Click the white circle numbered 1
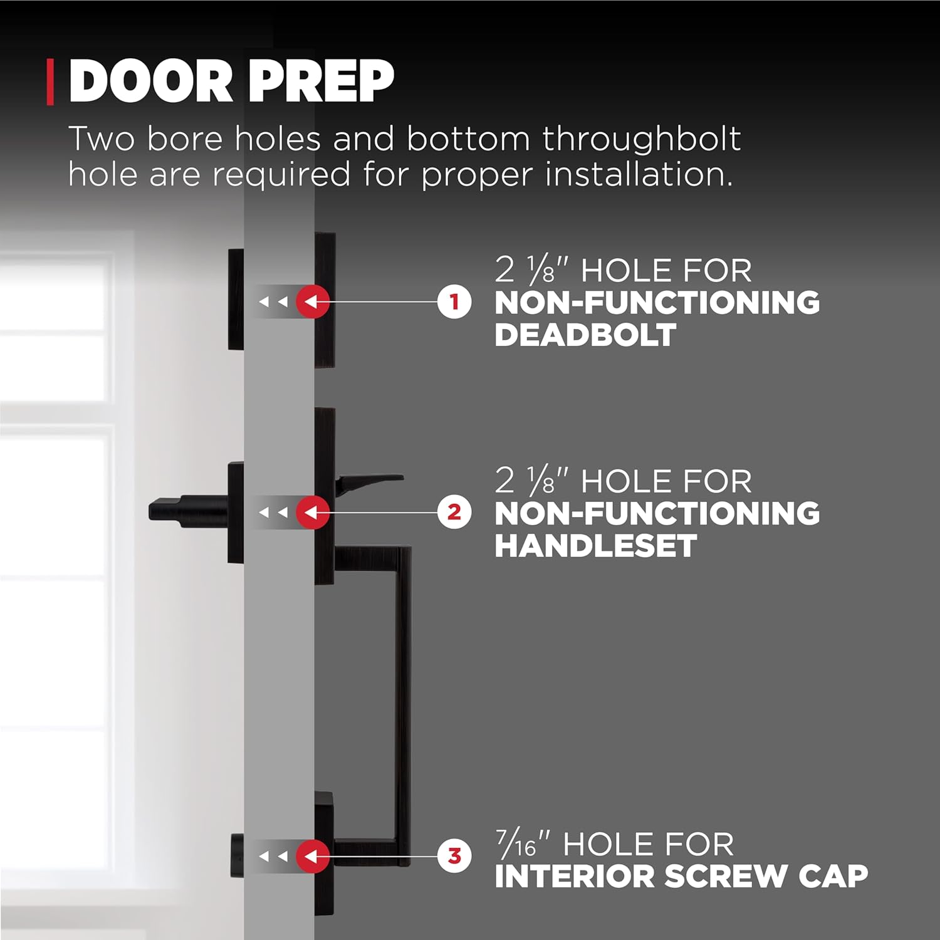tap(454, 301)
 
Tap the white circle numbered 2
tap(454, 512)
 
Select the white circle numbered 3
tap(454, 855)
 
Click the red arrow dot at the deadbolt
tap(313, 301)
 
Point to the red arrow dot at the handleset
tap(313, 512)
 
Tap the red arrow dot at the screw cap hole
tap(313, 855)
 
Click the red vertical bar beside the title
tap(50, 81)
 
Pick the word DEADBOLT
tap(585, 335)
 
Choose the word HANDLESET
tap(595, 546)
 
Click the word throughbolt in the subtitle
tap(641, 138)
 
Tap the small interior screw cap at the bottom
tap(237, 855)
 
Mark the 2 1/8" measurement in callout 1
tap(533, 271)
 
